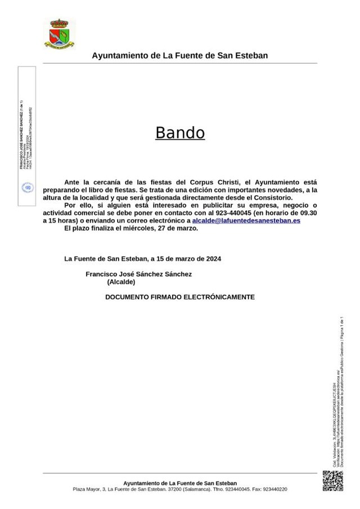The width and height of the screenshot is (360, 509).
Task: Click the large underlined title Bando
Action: click(x=179, y=133)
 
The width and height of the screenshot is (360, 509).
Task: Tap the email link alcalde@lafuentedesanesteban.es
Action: click(x=246, y=222)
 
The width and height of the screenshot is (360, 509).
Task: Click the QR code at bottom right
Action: click(x=332, y=479)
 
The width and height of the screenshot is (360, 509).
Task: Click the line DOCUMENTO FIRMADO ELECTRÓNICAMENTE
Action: click(x=180, y=296)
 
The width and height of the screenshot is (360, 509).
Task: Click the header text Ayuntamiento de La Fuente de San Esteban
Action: click(x=179, y=56)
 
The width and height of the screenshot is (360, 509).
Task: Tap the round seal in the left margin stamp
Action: click(x=27, y=187)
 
